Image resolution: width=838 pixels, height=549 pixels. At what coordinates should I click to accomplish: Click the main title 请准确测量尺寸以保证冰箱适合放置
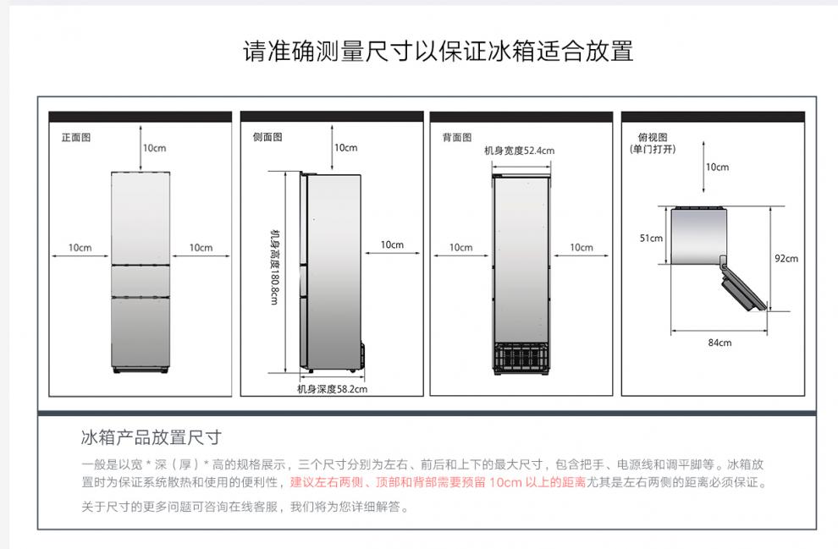tap(438, 51)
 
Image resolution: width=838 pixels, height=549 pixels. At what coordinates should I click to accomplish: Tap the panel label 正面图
tap(75, 137)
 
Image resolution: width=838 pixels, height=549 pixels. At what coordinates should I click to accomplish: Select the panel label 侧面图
tap(267, 137)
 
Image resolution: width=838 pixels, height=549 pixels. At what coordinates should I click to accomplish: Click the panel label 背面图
tap(457, 137)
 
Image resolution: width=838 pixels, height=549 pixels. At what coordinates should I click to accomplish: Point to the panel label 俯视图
tap(653, 137)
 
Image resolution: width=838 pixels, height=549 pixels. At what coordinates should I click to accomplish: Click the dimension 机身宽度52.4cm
tap(519, 151)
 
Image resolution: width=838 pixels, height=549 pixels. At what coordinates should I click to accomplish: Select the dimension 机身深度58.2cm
tap(332, 389)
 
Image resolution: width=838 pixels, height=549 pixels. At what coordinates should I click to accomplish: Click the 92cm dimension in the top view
tap(786, 258)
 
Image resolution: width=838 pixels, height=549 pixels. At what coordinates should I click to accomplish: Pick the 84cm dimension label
tap(719, 342)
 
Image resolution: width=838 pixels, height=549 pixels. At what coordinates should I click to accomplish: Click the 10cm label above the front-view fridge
tap(154, 148)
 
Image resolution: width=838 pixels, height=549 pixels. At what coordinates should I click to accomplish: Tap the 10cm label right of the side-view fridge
tap(392, 244)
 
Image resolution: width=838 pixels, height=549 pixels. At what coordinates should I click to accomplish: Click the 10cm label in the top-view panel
tap(717, 167)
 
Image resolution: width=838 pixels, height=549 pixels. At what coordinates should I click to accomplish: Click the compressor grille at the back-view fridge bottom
tap(522, 356)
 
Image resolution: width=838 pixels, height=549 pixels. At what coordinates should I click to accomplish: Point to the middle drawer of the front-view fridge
tap(141, 280)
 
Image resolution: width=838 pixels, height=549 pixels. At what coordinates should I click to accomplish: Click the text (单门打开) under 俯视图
tap(653, 149)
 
